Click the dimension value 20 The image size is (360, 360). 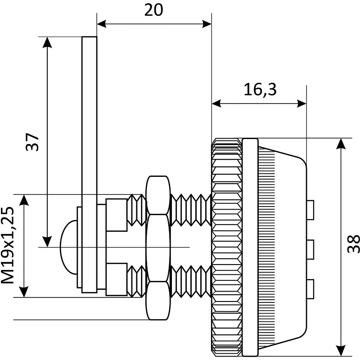[x=153, y=10]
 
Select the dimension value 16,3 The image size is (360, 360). [x=260, y=90]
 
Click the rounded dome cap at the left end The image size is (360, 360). [x=68, y=247]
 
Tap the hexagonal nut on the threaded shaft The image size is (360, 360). [x=158, y=247]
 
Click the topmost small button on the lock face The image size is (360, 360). [x=310, y=210]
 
